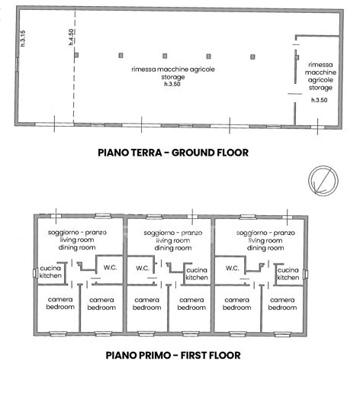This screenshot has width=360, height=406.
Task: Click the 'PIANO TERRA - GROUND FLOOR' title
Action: tap(173, 152)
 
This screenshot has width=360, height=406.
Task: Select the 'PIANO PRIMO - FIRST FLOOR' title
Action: tap(173, 355)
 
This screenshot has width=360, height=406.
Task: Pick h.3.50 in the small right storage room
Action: tap(320, 100)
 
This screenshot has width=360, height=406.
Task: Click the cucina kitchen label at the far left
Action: tap(48, 274)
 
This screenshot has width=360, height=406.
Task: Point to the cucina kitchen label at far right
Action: tap(288, 274)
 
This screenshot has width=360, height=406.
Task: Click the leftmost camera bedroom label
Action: tap(60, 303)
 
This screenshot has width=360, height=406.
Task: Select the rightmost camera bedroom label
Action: tap(282, 303)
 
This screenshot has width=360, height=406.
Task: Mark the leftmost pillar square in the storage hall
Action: tap(77, 56)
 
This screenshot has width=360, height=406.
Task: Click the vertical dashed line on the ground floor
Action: tap(74, 84)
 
